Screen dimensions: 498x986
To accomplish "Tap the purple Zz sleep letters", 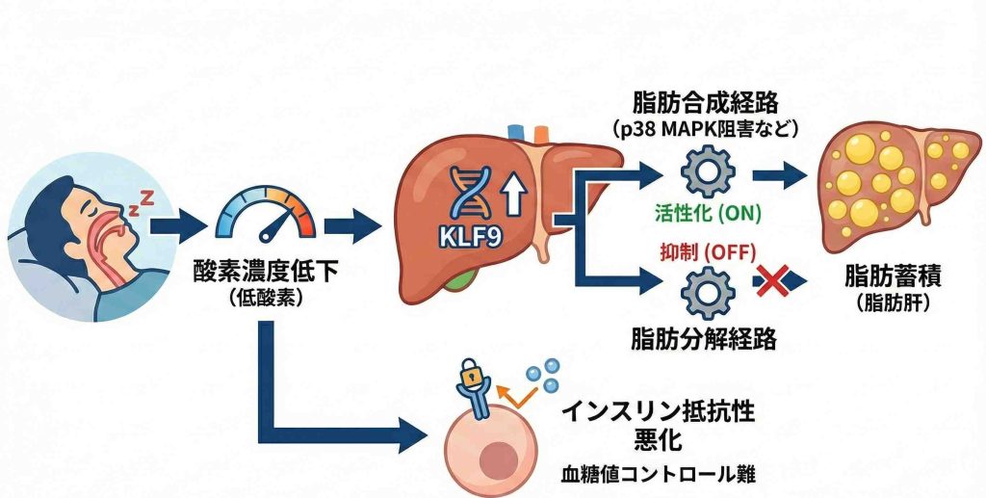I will click(x=143, y=200).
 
